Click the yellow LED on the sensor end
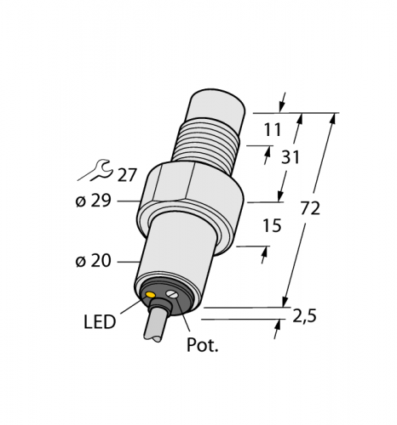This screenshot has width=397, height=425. pos(151,296)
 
